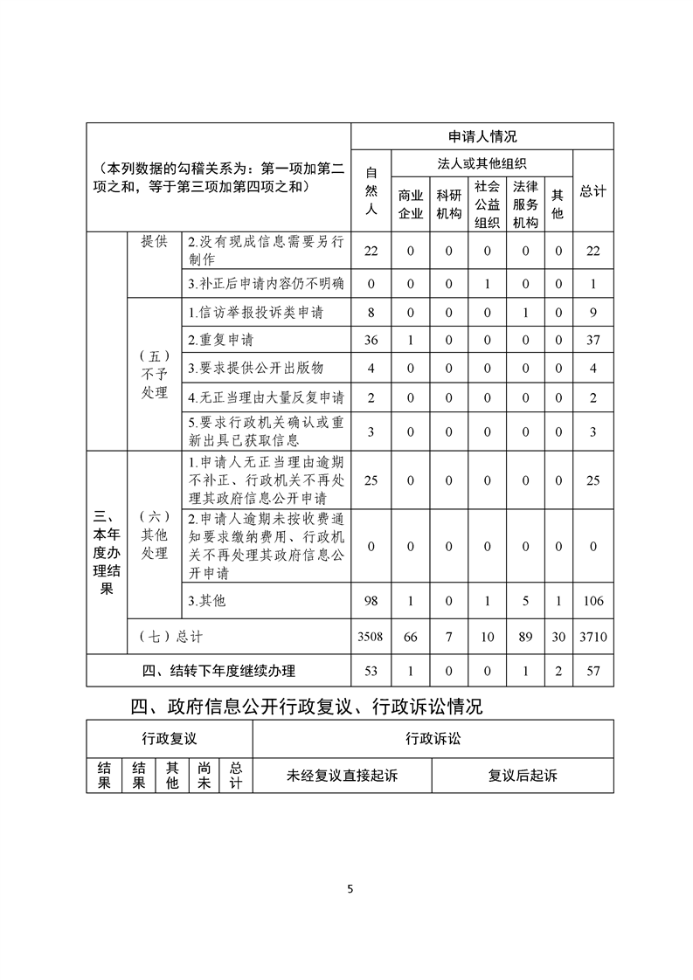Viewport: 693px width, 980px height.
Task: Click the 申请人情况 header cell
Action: point(482,136)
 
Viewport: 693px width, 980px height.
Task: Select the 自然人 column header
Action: point(371,190)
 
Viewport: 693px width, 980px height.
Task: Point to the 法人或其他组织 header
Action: point(482,163)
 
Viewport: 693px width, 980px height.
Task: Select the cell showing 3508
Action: point(371,638)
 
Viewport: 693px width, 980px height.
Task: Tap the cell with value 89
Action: point(525,638)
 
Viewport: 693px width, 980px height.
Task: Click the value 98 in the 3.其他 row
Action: point(371,601)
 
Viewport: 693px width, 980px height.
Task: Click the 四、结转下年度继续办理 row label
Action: point(218,671)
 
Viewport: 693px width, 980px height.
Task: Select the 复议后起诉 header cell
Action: point(523,775)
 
